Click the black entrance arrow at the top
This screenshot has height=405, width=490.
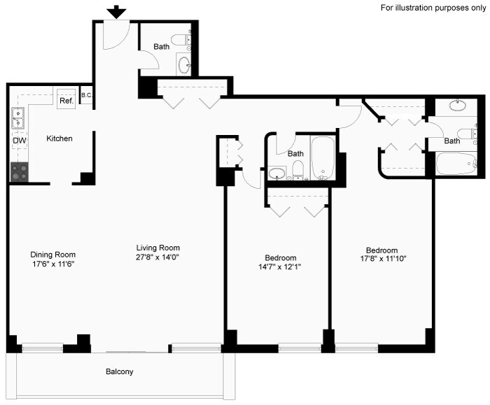(x=117, y=12)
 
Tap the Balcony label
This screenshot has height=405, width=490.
(x=120, y=371)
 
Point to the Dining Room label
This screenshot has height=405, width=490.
(x=52, y=254)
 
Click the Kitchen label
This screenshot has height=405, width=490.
(x=59, y=138)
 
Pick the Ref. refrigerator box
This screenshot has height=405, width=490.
(x=66, y=99)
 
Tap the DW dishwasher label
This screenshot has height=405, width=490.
(x=19, y=141)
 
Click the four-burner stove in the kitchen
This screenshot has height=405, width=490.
(x=19, y=172)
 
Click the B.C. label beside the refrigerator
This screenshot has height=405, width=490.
(x=87, y=96)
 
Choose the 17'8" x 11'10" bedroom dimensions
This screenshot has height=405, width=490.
(x=382, y=259)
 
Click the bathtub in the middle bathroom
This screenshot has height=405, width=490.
(x=323, y=158)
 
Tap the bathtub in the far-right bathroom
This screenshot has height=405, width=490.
(x=456, y=164)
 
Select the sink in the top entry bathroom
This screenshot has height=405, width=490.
(x=185, y=65)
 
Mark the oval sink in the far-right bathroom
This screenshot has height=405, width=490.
(x=458, y=106)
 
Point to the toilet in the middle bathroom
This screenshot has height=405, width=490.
(x=298, y=169)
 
